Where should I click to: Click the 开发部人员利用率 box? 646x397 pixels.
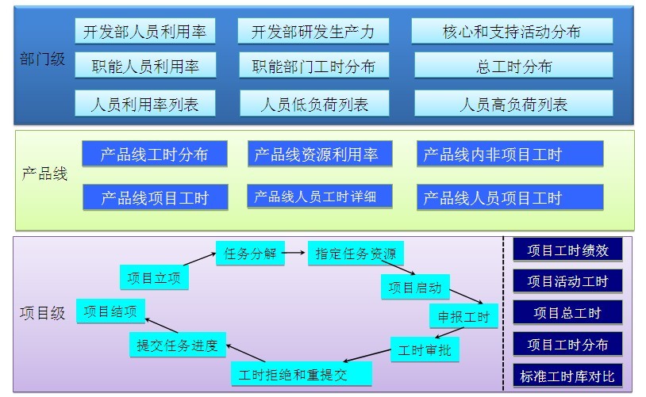145,31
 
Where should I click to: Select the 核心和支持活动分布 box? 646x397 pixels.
512,31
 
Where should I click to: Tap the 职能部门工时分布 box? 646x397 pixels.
314,66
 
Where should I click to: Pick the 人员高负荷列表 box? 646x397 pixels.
513,104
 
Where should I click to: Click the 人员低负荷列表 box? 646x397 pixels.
314,104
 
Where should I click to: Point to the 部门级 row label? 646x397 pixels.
42,59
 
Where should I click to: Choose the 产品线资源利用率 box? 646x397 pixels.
320,154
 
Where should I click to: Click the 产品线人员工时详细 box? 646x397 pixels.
319,197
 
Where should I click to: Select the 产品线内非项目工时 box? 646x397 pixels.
510,154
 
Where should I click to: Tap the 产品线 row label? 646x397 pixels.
44,174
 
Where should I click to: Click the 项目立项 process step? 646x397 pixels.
154,277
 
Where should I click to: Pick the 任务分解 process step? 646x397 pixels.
250,253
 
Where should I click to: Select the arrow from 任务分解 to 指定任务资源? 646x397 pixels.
294,253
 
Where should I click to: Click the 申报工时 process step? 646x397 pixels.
463,316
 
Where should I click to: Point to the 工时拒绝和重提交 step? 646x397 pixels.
301,374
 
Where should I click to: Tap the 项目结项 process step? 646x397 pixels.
110,311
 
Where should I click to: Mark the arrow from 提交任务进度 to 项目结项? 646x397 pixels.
162,326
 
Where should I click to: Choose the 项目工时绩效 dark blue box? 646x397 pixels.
567,250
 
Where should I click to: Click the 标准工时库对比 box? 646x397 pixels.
567,376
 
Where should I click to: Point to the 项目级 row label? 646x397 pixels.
42,313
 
